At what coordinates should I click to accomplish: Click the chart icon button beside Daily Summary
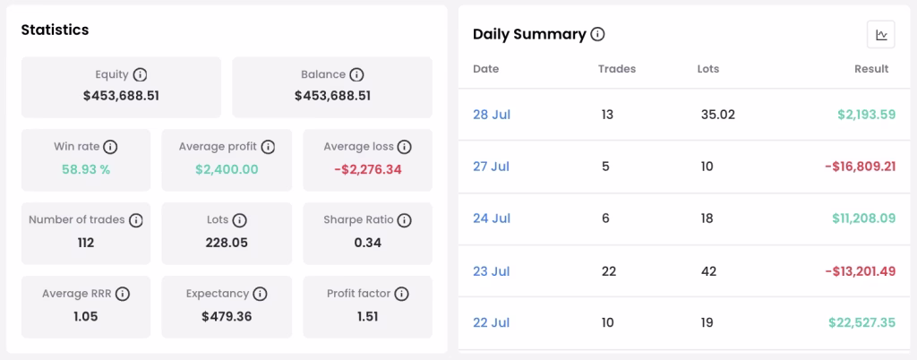tap(881, 35)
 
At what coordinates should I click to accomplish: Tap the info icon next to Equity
tap(140, 75)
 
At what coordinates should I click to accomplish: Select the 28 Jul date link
tap(492, 115)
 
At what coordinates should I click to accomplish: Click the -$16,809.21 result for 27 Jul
tap(861, 167)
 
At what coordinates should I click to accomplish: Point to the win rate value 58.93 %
tap(86, 170)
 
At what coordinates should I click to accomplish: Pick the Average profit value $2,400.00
tap(227, 170)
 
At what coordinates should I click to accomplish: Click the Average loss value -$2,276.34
tap(368, 170)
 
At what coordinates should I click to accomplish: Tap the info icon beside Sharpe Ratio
tap(404, 220)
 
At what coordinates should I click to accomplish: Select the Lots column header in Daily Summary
tap(708, 69)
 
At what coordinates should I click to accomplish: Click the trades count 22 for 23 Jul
tap(608, 271)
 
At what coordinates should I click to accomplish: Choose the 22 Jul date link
tap(492, 322)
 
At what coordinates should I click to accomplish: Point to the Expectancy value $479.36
tap(227, 317)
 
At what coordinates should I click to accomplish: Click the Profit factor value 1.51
tap(367, 317)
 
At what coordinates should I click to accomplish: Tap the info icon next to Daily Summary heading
tap(597, 35)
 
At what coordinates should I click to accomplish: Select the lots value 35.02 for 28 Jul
tap(717, 115)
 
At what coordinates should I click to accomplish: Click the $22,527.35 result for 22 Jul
tap(862, 322)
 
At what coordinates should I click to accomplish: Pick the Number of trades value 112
tap(86, 243)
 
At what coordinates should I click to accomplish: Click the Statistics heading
tap(55, 30)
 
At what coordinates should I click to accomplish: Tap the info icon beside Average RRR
tap(122, 294)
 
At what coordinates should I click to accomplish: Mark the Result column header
tap(871, 69)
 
